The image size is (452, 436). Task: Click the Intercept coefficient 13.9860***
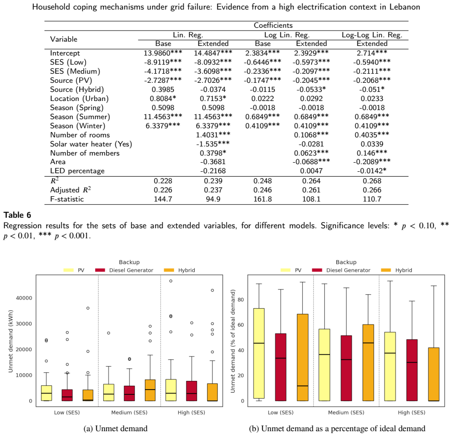(163, 53)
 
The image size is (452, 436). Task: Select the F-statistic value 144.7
(163, 199)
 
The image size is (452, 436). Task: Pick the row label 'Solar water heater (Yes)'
(91, 144)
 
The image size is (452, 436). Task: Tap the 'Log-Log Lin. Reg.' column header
(372, 35)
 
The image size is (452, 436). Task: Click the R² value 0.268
(372, 181)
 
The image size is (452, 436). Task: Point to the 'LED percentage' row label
(77, 171)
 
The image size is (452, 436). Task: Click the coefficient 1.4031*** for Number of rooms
(213, 134)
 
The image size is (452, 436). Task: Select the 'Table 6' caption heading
(17, 215)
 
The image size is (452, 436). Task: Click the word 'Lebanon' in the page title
(405, 7)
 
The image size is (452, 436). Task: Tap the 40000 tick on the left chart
(24, 298)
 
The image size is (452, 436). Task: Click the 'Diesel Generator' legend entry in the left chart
(124, 270)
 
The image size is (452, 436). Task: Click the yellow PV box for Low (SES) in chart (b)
(259, 353)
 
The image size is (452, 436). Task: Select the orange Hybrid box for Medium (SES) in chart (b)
(368, 362)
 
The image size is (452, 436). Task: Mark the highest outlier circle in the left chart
(171, 281)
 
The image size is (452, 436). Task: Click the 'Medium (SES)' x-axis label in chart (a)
(129, 413)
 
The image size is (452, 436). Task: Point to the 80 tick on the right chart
(241, 300)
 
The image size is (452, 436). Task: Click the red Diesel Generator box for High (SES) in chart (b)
(412, 370)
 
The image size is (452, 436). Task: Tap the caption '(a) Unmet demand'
(115, 428)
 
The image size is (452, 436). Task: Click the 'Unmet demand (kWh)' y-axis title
(11, 341)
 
